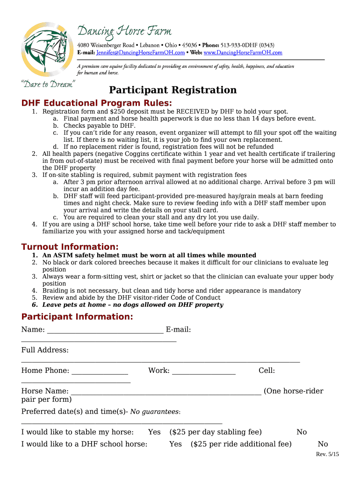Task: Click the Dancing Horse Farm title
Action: click(x=124, y=31)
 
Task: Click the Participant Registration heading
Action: click(x=173, y=90)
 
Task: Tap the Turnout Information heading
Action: click(x=70, y=247)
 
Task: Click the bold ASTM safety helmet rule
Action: click(x=149, y=255)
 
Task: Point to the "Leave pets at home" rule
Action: click(x=133, y=305)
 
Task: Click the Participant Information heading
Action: click(x=77, y=317)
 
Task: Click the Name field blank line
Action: click(x=105, y=331)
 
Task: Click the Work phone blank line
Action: click(x=204, y=372)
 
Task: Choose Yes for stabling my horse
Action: click(x=154, y=432)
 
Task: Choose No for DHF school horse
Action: click(x=323, y=444)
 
